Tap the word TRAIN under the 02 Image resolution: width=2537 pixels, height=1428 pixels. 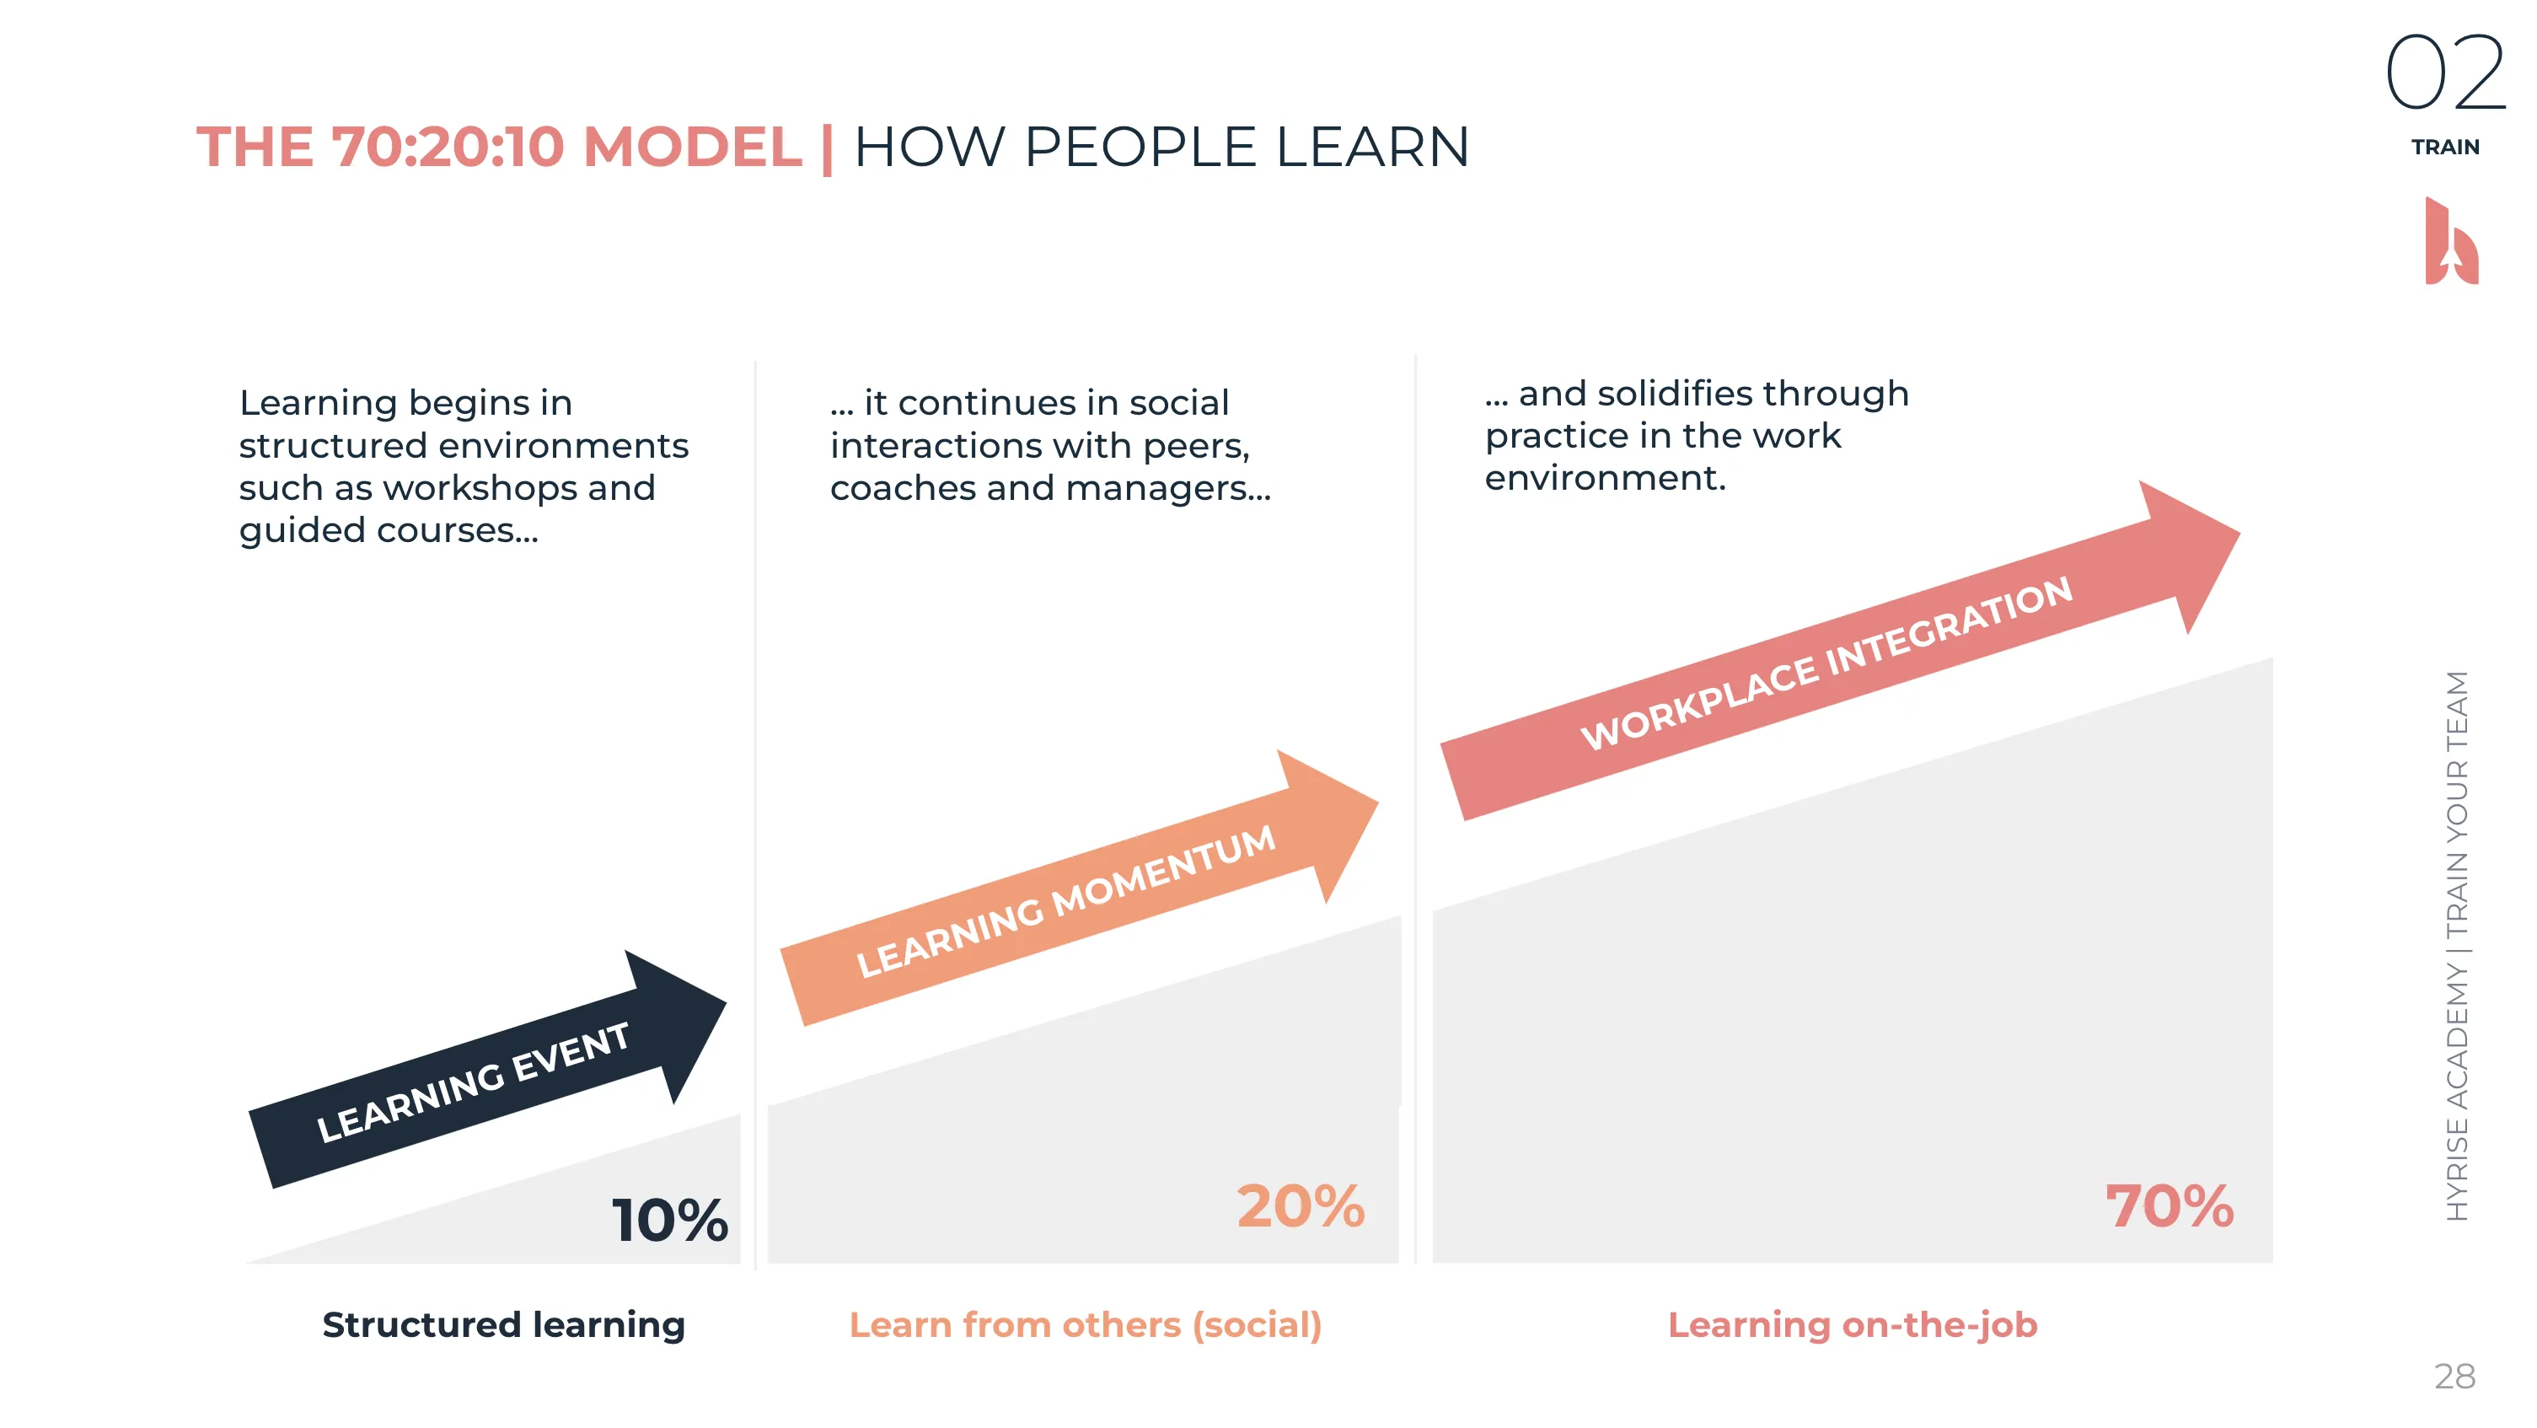coord(2444,148)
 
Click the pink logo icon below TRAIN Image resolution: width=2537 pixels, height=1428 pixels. coord(2450,242)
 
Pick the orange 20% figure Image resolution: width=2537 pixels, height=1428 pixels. coord(1300,1206)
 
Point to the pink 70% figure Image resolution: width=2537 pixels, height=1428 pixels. coord(2169,1206)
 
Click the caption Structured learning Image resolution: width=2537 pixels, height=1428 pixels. coord(503,1324)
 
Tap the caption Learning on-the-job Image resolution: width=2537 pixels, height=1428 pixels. coord(1852,1324)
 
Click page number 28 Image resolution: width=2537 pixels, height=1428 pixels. coord(2454,1376)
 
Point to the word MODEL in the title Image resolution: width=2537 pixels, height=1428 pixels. coord(692,148)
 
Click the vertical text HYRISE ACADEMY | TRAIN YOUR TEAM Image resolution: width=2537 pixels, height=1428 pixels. coord(2457,946)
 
